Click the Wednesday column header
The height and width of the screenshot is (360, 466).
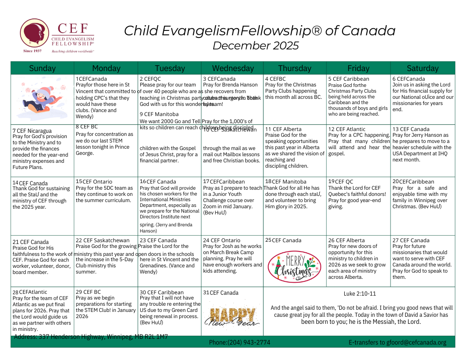(x=233, y=68)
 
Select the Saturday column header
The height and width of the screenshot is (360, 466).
(x=422, y=68)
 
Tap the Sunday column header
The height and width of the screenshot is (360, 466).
(x=42, y=68)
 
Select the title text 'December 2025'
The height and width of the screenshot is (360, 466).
(x=256, y=46)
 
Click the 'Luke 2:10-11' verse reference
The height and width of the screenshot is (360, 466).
(x=360, y=293)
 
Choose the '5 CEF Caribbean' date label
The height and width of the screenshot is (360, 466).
(x=349, y=79)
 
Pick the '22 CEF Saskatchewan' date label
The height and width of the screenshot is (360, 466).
(x=102, y=240)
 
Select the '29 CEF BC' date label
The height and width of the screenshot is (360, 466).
(x=88, y=292)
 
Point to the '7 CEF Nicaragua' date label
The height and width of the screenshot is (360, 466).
(x=32, y=131)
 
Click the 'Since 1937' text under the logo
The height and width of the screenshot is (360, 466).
(x=32, y=51)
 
